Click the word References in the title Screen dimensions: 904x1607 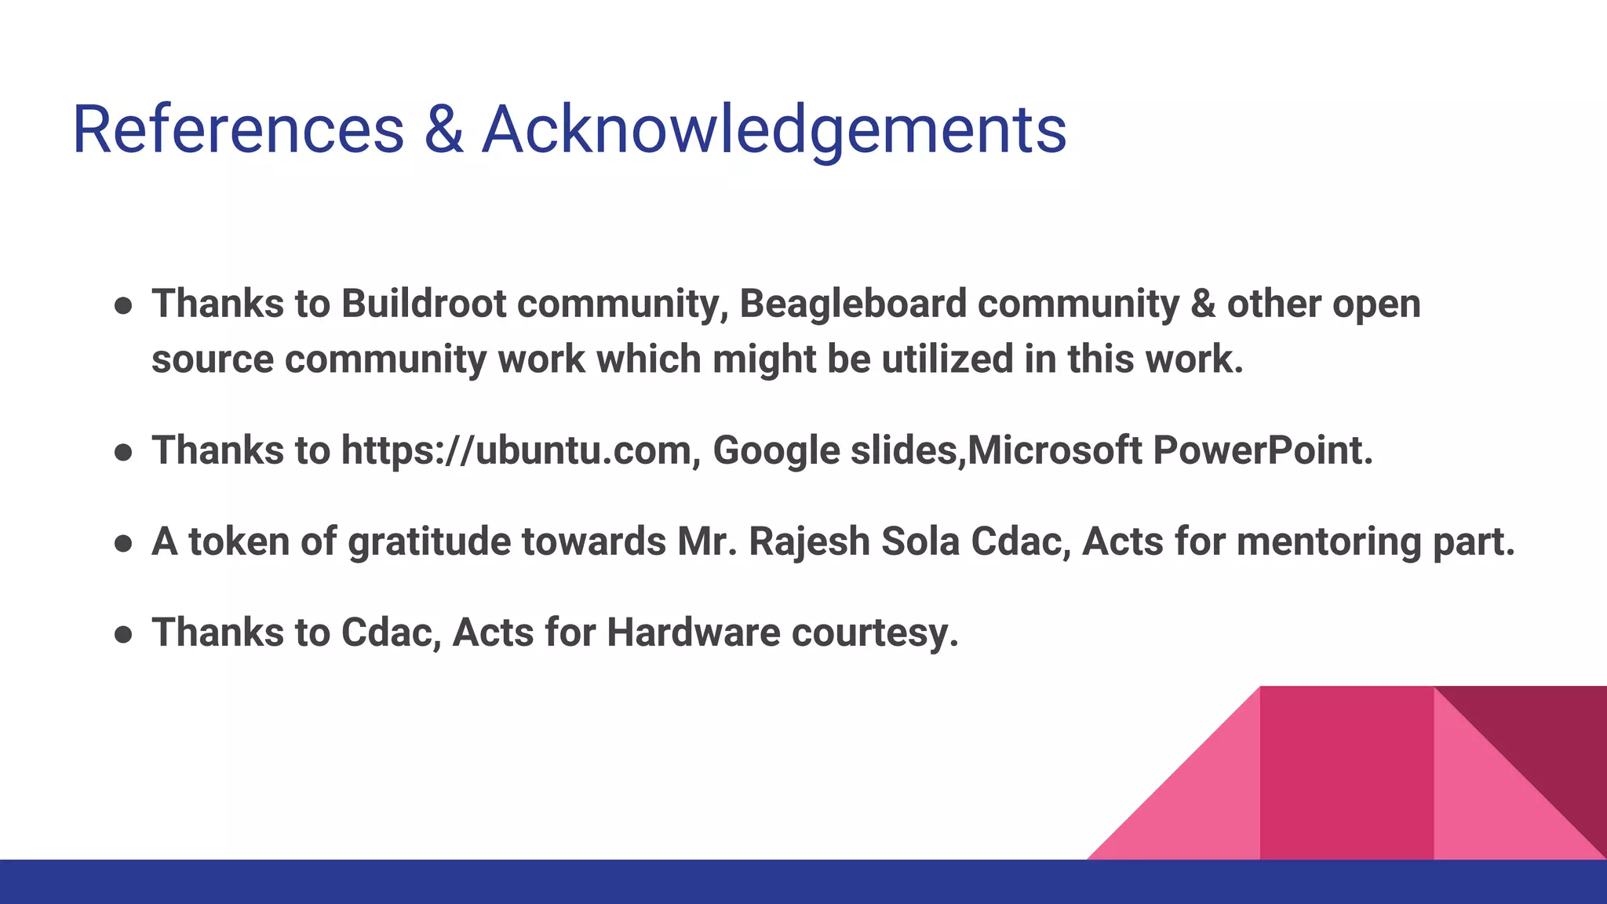tap(238, 129)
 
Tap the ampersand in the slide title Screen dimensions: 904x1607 tap(443, 129)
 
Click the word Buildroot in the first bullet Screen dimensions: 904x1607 tap(423, 304)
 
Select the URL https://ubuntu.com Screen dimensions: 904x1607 tap(516, 451)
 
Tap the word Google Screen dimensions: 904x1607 tap(776, 451)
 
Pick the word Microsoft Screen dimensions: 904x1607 tap(1055, 450)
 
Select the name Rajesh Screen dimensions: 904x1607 tap(809, 542)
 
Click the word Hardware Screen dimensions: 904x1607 tap(693, 632)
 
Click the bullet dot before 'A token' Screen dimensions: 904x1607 tap(122, 544)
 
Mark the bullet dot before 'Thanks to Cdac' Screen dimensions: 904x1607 tap(122, 634)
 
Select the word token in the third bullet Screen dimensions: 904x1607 tap(239, 542)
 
